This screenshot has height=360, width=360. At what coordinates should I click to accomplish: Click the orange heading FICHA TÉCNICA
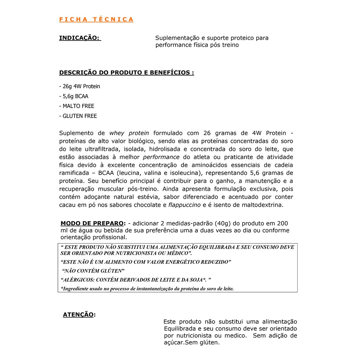tap(96, 19)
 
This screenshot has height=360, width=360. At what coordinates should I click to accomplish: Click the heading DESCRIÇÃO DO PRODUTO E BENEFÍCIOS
tap(126, 73)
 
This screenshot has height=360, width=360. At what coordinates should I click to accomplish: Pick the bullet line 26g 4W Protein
tap(80, 86)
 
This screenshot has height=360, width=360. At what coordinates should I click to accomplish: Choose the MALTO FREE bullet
tap(77, 106)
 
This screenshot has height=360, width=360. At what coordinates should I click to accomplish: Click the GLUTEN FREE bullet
tap(78, 116)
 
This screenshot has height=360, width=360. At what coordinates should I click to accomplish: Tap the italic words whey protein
tap(129, 133)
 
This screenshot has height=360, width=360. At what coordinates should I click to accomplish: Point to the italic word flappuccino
tap(184, 205)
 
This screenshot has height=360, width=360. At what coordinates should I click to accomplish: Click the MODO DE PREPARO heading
tap(92, 223)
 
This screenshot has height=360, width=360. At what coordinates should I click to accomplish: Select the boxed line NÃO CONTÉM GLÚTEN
tap(93, 271)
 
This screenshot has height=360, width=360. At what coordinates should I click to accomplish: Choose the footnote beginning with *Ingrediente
tap(147, 289)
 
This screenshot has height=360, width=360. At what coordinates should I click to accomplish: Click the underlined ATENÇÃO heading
tap(78, 315)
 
